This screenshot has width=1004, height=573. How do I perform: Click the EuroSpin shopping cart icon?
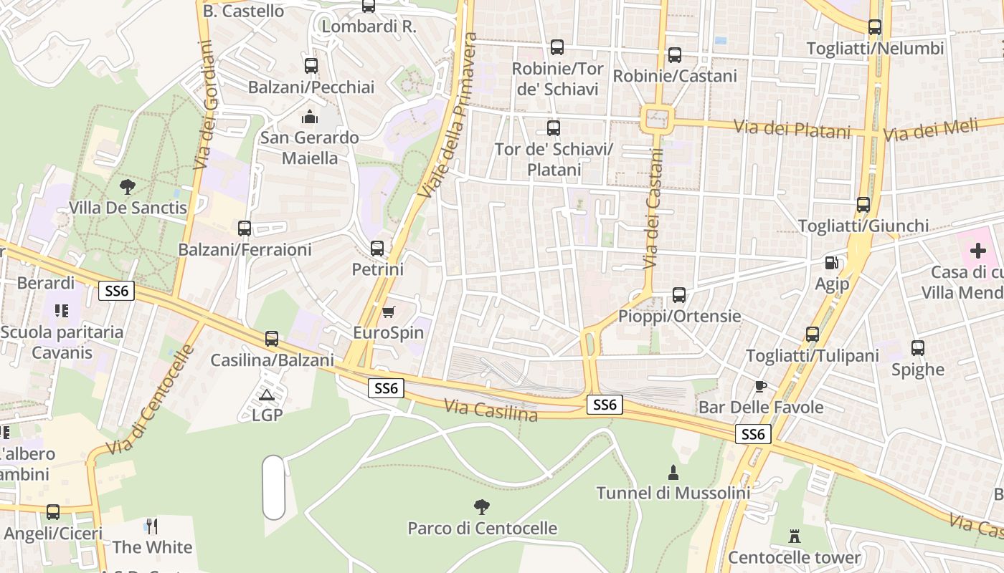[x=388, y=312]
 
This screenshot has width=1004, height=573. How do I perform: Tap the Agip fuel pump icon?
[x=831, y=263]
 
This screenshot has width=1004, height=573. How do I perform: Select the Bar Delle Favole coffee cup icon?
[x=761, y=387]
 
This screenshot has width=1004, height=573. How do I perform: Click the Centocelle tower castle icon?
[x=795, y=536]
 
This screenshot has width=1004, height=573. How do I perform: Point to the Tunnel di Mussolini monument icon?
[x=673, y=472]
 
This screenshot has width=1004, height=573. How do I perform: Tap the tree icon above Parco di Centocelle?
[x=482, y=507]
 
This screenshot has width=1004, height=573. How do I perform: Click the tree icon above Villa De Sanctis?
[x=128, y=187]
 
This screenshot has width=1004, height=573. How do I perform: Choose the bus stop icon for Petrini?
[x=377, y=249]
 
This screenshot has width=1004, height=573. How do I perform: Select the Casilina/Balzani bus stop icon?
[x=272, y=339]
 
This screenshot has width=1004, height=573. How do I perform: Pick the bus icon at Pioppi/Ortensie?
[x=679, y=294]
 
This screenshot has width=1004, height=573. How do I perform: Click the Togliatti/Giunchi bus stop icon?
[x=863, y=205]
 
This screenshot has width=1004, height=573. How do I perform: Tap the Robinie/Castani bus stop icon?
[x=675, y=55]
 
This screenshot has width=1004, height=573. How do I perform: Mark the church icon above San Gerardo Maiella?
[x=310, y=116]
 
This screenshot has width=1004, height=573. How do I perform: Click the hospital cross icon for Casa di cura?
[x=977, y=251]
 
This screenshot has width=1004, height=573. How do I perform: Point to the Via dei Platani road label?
[x=792, y=129]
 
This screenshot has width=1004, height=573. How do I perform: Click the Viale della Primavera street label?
[x=447, y=115]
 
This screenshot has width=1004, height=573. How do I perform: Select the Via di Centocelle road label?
[x=150, y=400]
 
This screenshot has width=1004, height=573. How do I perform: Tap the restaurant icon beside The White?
[x=151, y=526]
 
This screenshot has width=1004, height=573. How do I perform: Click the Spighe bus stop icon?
[x=918, y=349]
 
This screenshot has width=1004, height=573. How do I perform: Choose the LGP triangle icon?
[x=267, y=395]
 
